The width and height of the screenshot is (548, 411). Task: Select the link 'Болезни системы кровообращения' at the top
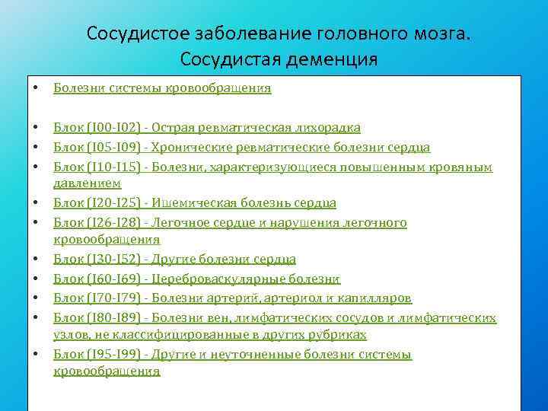[162, 88]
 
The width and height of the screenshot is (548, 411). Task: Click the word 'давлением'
[87, 183]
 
